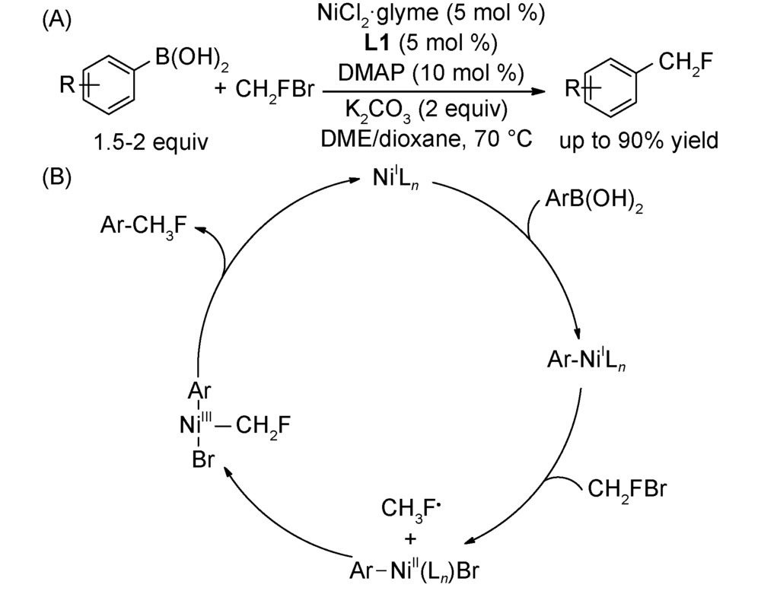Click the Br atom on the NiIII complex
pos(200,461)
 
